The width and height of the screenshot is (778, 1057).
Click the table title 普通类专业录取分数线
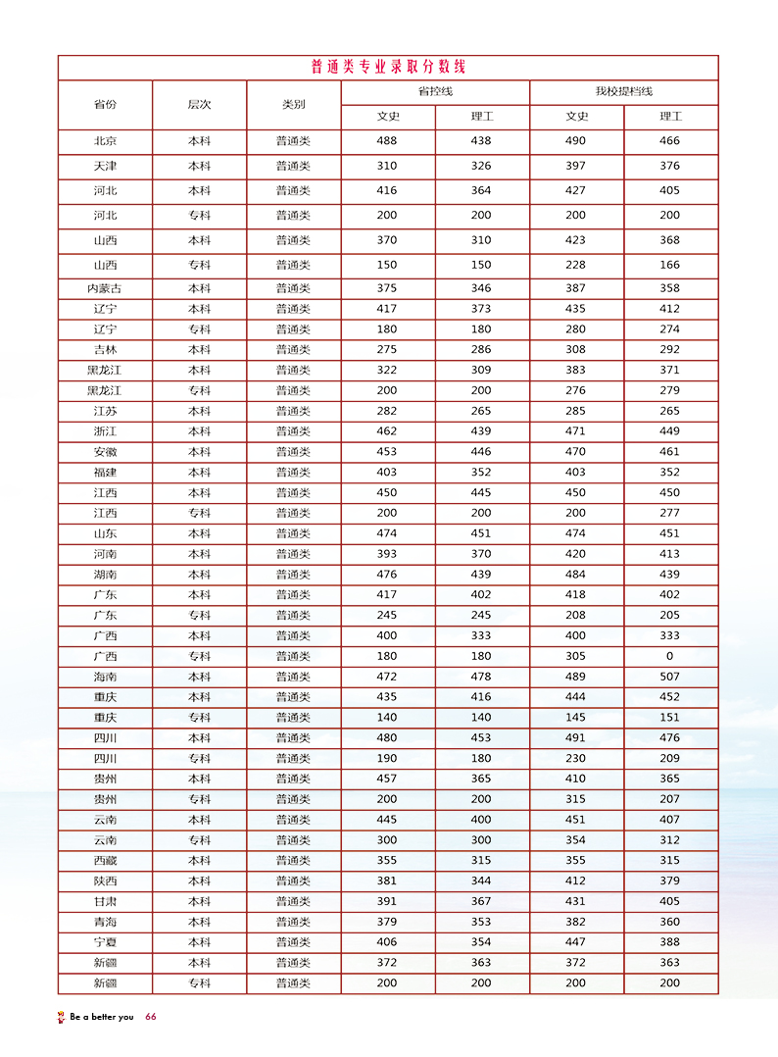[388, 68]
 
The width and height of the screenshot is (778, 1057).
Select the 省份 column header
[105, 104]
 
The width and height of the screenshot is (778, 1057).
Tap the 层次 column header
[199, 104]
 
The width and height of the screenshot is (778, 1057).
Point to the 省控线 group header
[435, 92]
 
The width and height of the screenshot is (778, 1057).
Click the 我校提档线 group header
[623, 92]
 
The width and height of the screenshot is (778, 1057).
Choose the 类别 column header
[293, 104]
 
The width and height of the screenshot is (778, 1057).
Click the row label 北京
[105, 141]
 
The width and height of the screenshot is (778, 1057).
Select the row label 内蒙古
[105, 288]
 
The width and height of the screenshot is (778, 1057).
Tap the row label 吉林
[105, 350]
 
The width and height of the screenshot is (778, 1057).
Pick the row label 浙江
[105, 431]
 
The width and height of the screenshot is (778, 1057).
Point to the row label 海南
[105, 677]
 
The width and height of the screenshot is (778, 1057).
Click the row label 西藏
[105, 861]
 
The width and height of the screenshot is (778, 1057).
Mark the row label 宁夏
[105, 942]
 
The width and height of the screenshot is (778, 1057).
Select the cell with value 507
[669, 677]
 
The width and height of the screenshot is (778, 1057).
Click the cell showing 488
[387, 141]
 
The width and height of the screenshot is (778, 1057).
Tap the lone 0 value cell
[669, 656]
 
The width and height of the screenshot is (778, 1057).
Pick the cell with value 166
[669, 265]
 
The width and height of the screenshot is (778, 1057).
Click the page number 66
[151, 1017]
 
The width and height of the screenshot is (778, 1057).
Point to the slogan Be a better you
[102, 1017]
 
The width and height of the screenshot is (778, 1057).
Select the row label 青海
[105, 922]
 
